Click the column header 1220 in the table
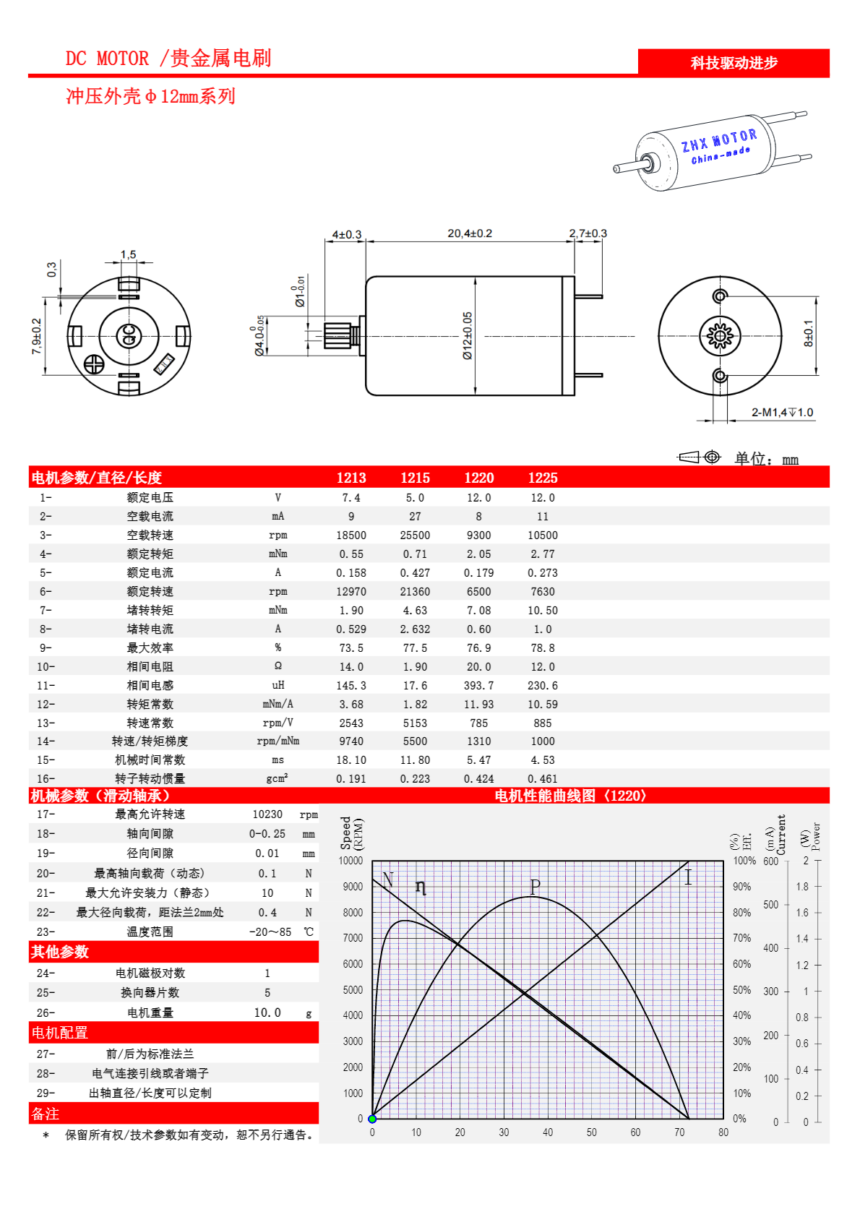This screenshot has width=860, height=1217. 479,478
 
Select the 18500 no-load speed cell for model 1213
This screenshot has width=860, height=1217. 351,536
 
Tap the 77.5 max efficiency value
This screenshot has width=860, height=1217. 415,648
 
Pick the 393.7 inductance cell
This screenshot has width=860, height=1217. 479,686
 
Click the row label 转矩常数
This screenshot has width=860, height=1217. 150,705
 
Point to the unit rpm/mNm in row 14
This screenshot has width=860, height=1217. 278,741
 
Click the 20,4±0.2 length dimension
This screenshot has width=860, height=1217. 470,233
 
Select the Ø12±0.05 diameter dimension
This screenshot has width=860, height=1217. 468,336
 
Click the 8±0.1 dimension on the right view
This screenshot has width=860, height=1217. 809,334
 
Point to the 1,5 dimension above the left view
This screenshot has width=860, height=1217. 128,254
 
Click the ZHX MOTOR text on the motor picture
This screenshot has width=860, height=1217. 719,140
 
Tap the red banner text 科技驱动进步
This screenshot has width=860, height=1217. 734,63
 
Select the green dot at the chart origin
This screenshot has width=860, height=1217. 372,1119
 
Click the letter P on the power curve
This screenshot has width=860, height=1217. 535,886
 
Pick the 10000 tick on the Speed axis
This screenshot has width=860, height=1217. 351,861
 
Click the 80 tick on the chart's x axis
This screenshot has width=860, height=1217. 723,1132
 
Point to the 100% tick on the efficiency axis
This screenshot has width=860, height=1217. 744,861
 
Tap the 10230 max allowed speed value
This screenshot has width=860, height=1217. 267,814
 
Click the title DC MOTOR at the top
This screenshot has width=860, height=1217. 108,59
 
